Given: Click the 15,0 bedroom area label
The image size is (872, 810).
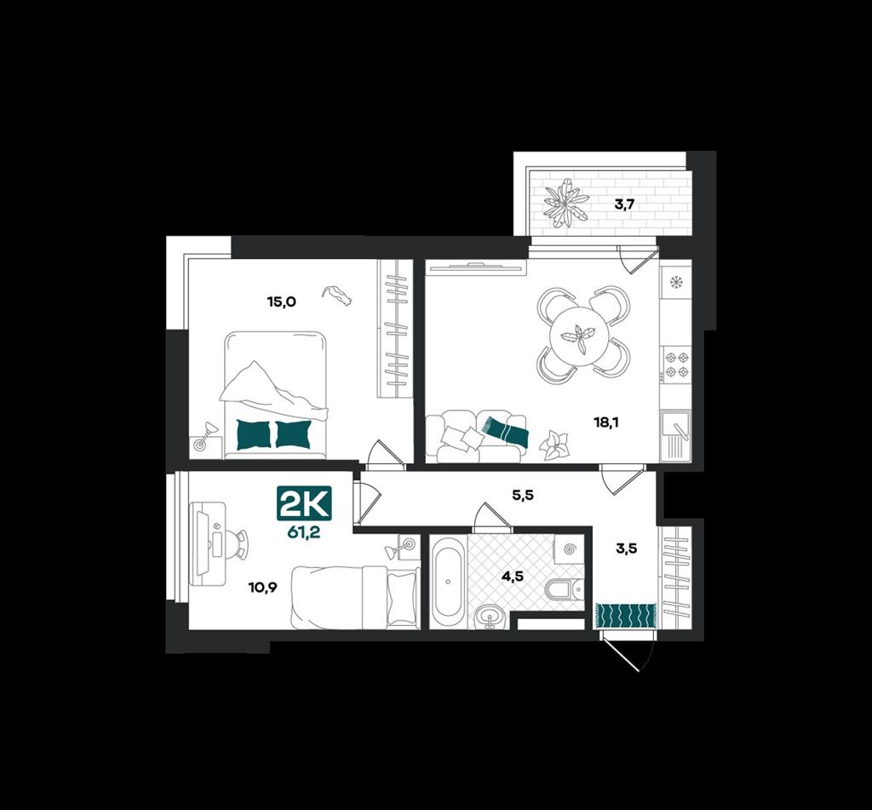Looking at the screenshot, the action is (282, 302).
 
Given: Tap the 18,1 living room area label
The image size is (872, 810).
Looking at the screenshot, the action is (605, 422).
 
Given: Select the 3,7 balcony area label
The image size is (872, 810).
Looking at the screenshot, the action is (624, 204).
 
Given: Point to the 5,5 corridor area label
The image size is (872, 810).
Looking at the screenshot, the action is (523, 494).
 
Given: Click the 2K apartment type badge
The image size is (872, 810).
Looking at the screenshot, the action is (305, 503).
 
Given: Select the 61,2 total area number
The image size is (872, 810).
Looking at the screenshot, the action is (305, 532).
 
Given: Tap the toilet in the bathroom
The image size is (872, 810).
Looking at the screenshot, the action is (565, 589).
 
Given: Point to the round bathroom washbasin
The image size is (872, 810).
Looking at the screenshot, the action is (490, 617).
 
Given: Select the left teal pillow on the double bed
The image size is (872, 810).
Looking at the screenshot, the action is (253, 434).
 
